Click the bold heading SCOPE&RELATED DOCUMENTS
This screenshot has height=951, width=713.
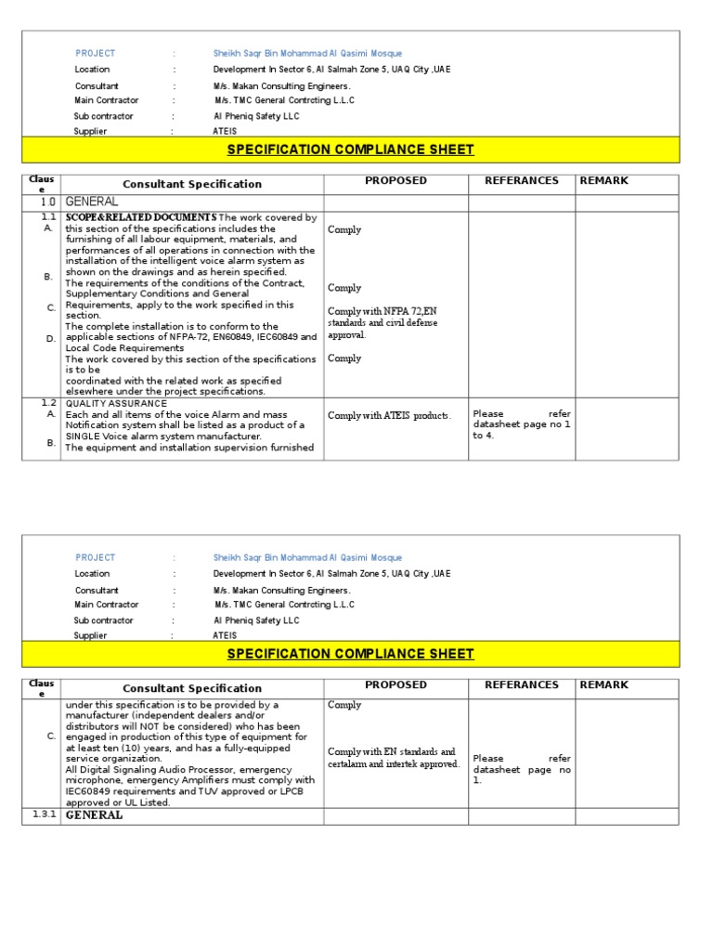(x=141, y=217)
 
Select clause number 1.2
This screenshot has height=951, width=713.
(x=49, y=403)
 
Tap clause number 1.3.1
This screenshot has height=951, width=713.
(x=45, y=814)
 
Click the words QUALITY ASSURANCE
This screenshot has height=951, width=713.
(x=116, y=403)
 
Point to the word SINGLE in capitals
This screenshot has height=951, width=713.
(x=84, y=436)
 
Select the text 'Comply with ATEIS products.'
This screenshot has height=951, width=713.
(x=389, y=415)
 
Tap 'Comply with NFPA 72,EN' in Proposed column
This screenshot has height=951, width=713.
(x=383, y=311)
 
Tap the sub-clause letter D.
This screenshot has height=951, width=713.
(x=50, y=339)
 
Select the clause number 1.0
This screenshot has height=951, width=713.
(x=47, y=202)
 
